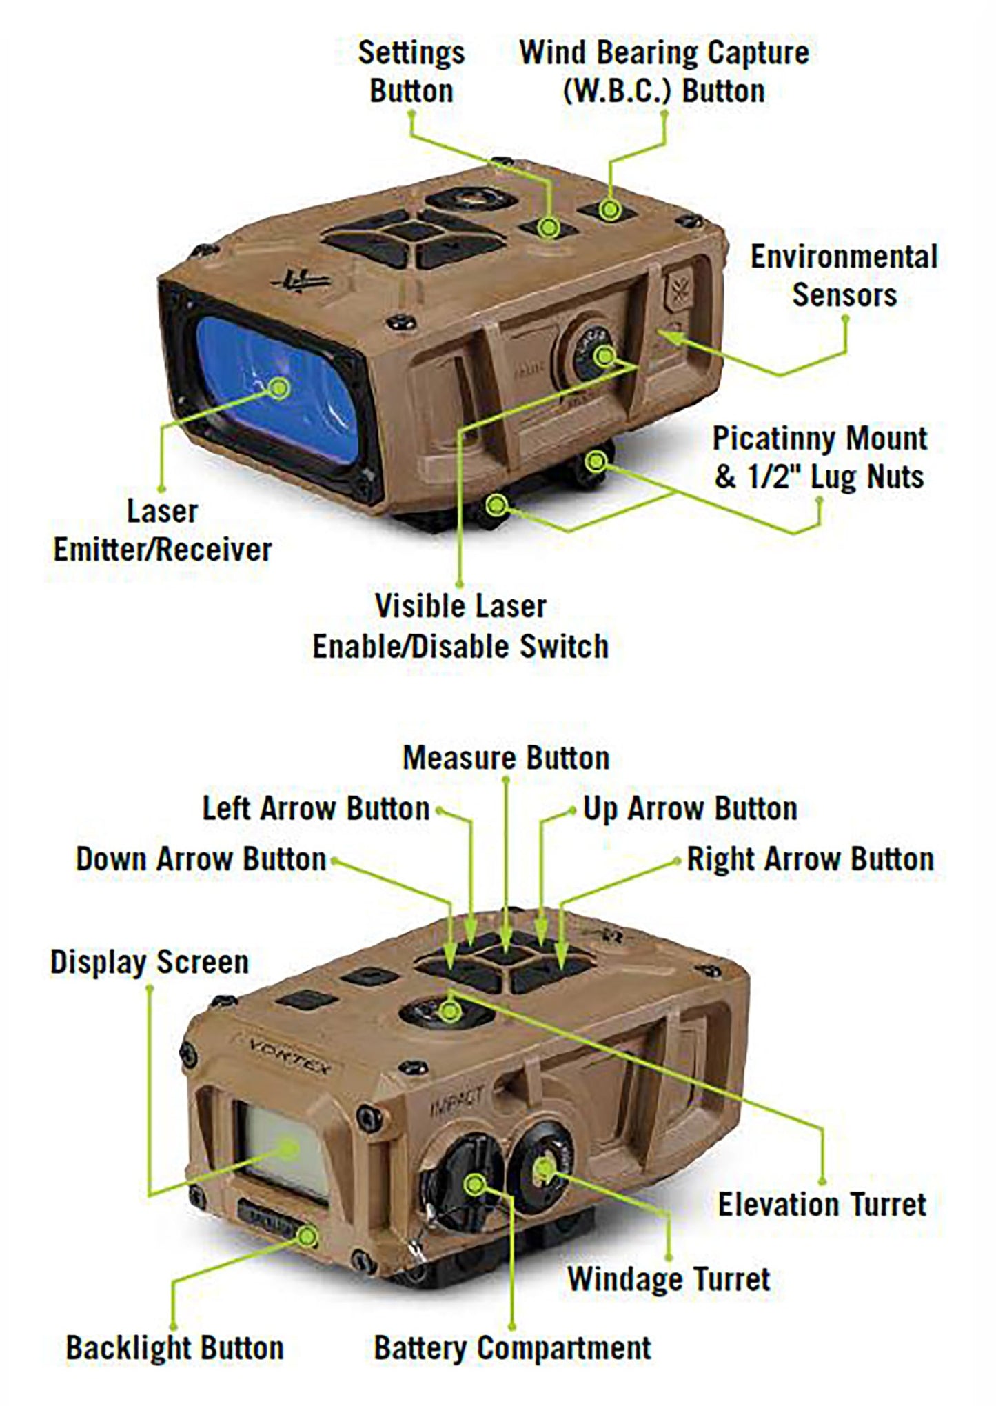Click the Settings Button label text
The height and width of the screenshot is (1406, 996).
pyautogui.click(x=411, y=72)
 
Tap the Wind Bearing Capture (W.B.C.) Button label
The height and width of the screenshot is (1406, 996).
pyautogui.click(x=664, y=72)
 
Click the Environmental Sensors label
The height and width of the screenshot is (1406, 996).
pyautogui.click(x=844, y=276)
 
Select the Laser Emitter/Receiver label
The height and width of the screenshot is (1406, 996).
pyautogui.click(x=163, y=531)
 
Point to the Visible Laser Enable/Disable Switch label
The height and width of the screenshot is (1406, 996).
pyautogui.click(x=460, y=626)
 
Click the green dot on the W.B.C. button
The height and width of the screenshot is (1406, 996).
pyautogui.click(x=607, y=208)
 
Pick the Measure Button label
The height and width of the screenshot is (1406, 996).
pyautogui.click(x=506, y=758)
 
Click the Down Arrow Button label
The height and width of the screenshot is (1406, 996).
pyautogui.click(x=201, y=859)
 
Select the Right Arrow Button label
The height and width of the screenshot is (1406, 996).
pyautogui.click(x=810, y=859)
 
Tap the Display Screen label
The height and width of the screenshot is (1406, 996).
pyautogui.click(x=149, y=962)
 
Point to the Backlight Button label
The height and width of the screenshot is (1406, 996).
pyautogui.click(x=174, y=1347)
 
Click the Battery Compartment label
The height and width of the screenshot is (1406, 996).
pyautogui.click(x=512, y=1347)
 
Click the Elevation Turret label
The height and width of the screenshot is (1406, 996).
pyautogui.click(x=822, y=1205)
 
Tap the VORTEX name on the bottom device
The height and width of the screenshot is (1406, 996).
pyautogui.click(x=289, y=1056)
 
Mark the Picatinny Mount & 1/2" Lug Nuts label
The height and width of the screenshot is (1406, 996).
pyautogui.click(x=819, y=457)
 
